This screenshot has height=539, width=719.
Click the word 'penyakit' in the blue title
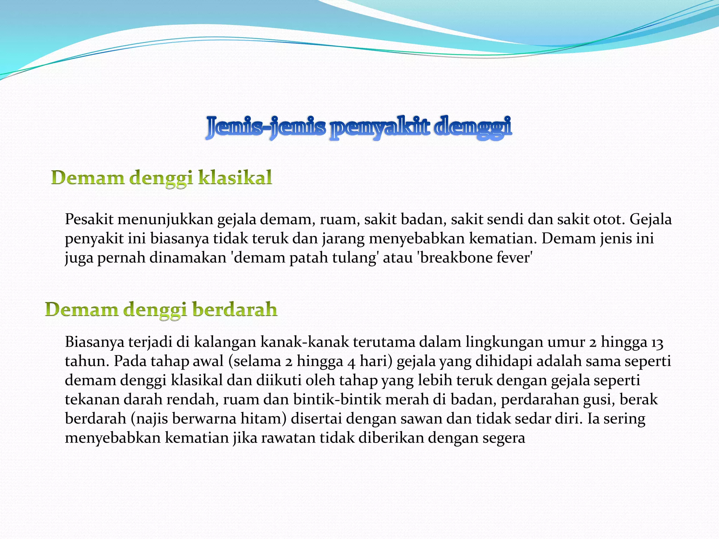point(379,127)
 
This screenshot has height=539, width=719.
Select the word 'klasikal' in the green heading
point(235,177)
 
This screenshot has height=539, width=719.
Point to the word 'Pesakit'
point(89,220)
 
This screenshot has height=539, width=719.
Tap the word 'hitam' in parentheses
point(257,419)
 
